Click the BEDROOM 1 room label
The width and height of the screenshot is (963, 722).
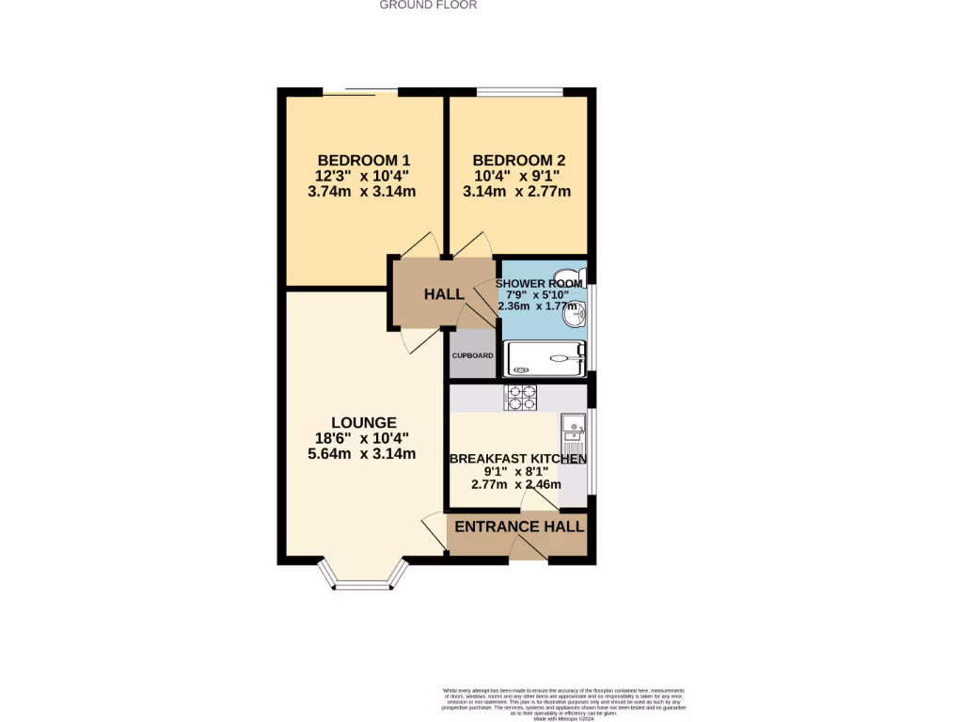tap(364, 160)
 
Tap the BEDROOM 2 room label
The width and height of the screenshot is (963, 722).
tap(518, 160)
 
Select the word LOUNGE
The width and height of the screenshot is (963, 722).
tap(363, 422)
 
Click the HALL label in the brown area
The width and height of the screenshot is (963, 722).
tap(444, 294)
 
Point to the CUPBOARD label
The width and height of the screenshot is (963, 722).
tap(472, 356)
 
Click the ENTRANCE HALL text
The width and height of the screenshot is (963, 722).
tap(519, 526)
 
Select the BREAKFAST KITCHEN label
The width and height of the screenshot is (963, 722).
tap(518, 459)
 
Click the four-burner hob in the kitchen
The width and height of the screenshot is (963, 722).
tap(521, 398)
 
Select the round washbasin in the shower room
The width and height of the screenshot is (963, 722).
tap(573, 317)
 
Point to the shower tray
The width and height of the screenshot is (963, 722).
tap(545, 358)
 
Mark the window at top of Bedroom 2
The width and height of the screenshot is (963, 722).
tap(520, 91)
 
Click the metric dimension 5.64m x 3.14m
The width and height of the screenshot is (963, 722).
tap(363, 453)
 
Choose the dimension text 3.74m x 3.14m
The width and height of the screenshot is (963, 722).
tap(364, 192)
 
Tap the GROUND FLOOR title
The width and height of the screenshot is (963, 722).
tap(428, 5)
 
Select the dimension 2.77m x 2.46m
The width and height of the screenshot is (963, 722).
tap(516, 485)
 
